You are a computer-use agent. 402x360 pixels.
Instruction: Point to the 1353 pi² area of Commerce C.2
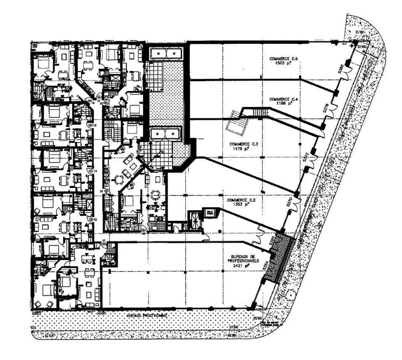238,204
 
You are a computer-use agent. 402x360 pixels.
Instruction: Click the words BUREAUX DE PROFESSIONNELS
241,258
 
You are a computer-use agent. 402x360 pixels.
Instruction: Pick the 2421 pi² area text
241,266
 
